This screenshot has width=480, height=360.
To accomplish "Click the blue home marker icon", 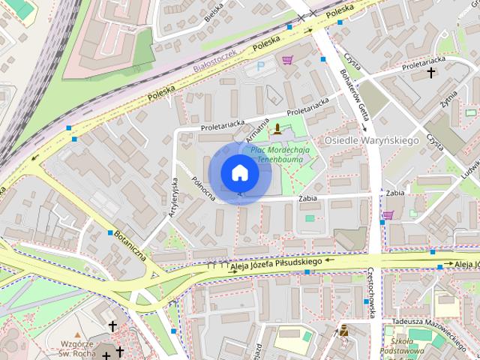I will tap(239, 172).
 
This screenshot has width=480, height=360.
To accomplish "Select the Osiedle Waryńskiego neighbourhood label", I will tap(370, 140).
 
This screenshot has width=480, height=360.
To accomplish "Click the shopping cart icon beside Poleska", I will tap(287, 60).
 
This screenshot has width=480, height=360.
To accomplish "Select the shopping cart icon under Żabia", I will tap(388, 215).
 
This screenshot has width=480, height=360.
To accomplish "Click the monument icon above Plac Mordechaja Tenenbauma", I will tap(278, 128).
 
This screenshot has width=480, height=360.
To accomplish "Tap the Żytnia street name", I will tap(449, 98).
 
